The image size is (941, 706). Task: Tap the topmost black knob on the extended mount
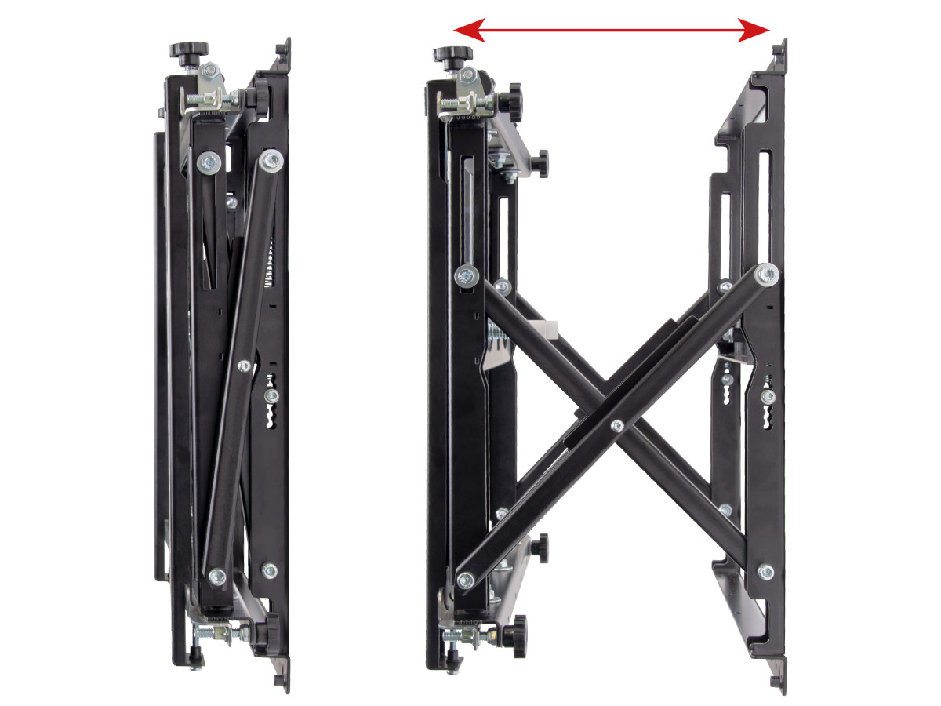pyautogui.click(x=452, y=56)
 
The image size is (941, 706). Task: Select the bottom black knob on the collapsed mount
pyautogui.click(x=270, y=628)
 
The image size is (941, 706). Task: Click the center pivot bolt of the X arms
pyautogui.click(x=617, y=426)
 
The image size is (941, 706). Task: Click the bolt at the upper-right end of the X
pyautogui.click(x=767, y=275)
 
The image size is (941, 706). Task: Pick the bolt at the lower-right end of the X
pyautogui.click(x=765, y=572)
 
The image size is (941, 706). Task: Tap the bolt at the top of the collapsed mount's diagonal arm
pyautogui.click(x=272, y=160)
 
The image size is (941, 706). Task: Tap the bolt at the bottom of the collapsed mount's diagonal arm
pyautogui.click(x=216, y=573)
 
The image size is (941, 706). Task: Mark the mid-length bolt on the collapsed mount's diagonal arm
pyautogui.click(x=244, y=366)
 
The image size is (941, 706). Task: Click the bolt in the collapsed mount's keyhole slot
pyautogui.click(x=271, y=397)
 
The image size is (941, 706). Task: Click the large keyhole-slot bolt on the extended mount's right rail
pyautogui.click(x=767, y=398)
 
